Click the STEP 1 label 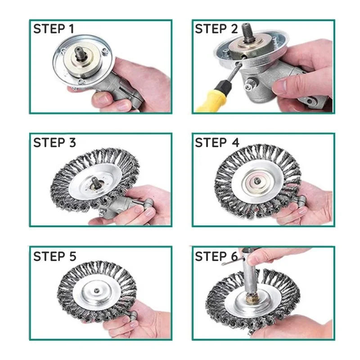(54, 29)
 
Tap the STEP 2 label (216, 29)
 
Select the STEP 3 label (54, 143)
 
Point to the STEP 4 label (217, 143)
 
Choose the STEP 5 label (54, 256)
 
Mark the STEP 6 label (216, 256)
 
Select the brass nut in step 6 (251, 297)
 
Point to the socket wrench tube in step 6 (249, 272)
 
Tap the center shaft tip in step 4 (256, 181)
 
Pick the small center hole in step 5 (96, 291)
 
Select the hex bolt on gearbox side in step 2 (250, 85)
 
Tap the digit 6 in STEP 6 (234, 256)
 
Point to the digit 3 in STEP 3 (72, 143)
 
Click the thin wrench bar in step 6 (232, 261)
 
